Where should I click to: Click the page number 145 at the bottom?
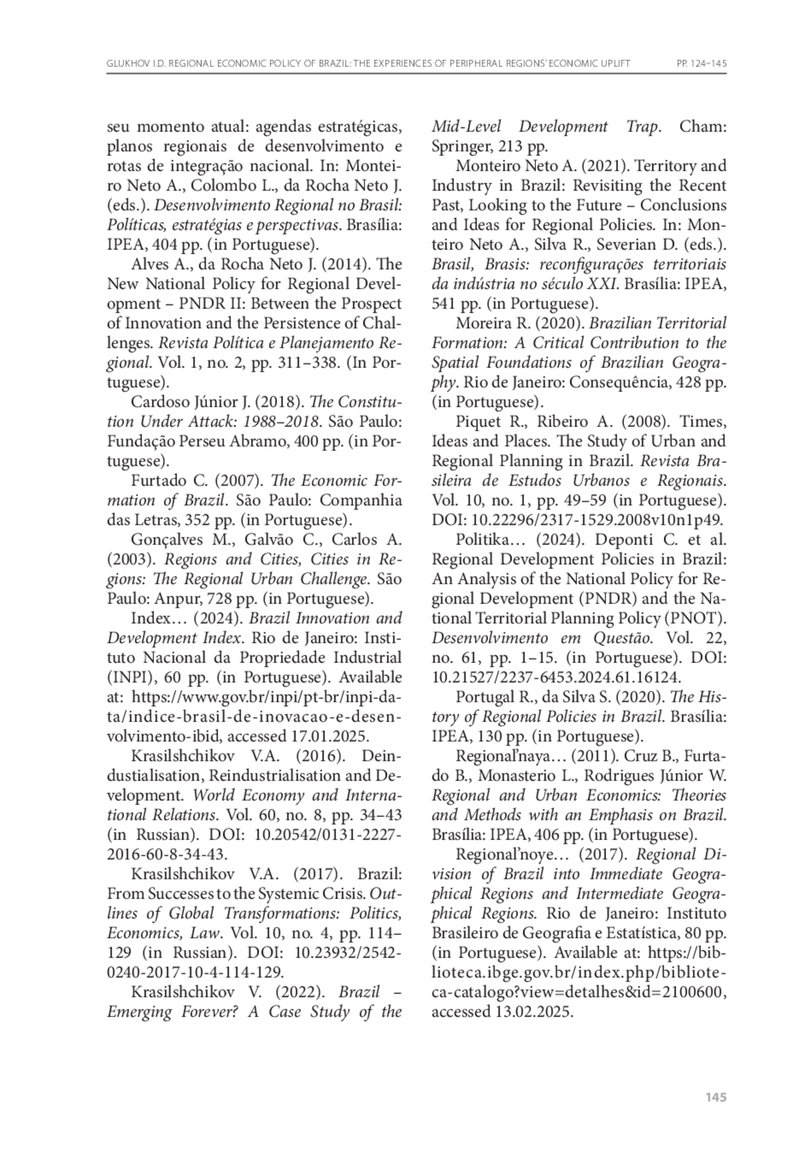[x=715, y=1097]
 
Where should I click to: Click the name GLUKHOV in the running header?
[x=127, y=64]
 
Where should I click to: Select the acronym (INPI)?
[x=128, y=678]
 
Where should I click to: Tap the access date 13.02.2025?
[x=533, y=1011]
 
